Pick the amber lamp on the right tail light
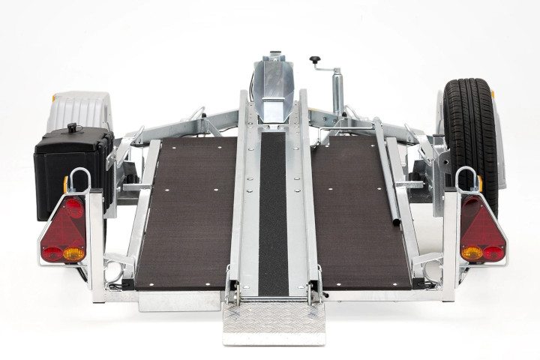pos(472,253)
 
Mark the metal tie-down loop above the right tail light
pos(466,178)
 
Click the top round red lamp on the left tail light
pos(73,207)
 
